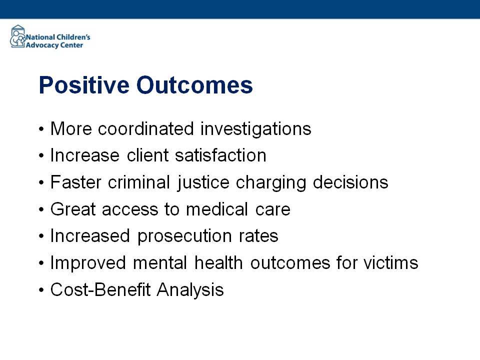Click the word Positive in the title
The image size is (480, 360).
84,85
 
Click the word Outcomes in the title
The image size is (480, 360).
194,85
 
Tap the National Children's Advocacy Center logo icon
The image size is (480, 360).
18,36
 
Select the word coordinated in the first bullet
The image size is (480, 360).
146,128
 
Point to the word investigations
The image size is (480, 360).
256,129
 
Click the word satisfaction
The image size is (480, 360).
220,155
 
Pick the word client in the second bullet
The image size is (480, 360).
148,155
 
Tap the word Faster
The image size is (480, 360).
75,182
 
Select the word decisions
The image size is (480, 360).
350,182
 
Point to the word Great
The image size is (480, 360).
73,209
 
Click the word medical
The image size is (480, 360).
217,209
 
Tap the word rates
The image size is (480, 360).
258,236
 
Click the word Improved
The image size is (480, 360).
88,263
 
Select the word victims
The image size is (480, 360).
391,263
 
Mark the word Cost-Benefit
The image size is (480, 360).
100,289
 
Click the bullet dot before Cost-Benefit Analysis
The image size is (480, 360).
41,290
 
